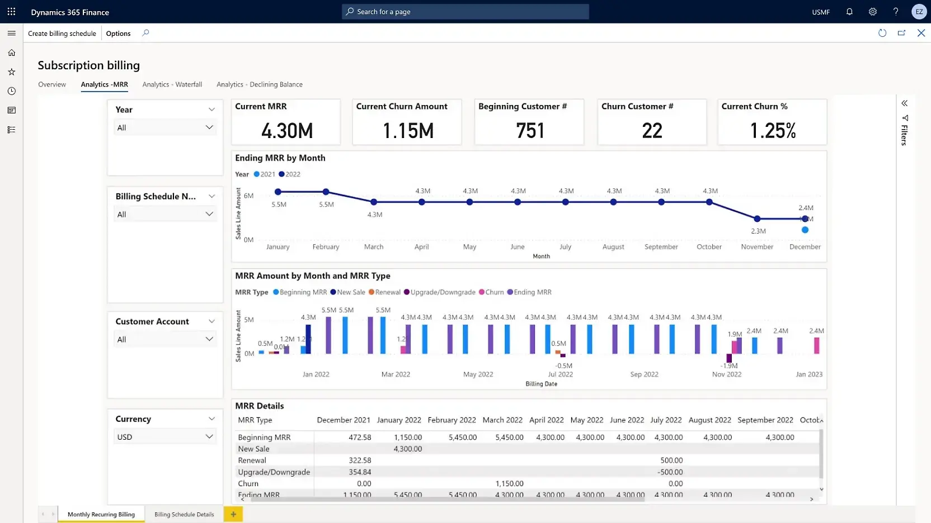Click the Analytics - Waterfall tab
point(172,84)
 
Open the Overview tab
point(52,84)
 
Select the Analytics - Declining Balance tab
point(259,84)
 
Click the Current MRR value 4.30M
point(286,131)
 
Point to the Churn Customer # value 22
point(652,131)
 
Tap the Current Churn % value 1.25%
point(772,131)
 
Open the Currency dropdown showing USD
point(165,437)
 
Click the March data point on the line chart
point(374,202)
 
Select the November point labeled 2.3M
point(757,219)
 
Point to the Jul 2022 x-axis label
point(560,374)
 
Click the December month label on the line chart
point(805,246)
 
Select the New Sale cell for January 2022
point(407,449)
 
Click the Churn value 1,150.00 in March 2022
point(509,483)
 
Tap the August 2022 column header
point(709,420)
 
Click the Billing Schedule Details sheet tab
point(184,515)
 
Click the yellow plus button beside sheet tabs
point(233,514)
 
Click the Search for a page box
point(465,12)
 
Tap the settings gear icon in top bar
point(872,12)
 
